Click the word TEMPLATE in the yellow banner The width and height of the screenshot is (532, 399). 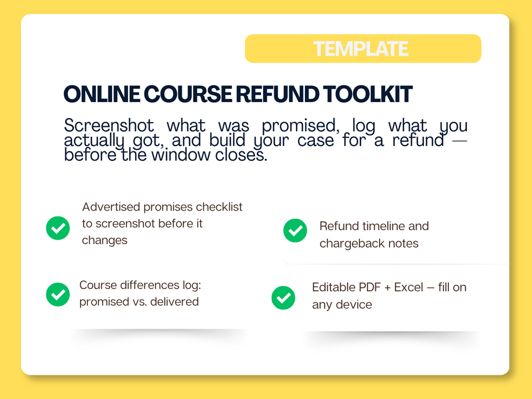[x=360, y=49]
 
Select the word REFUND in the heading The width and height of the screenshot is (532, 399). [x=277, y=94]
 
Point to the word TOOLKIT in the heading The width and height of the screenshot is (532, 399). [x=367, y=94]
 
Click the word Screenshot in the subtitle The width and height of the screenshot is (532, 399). [x=109, y=125]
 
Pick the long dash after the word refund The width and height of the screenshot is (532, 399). [x=459, y=140]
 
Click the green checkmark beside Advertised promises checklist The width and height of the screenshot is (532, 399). [x=58, y=228]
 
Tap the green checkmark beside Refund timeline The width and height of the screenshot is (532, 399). [x=295, y=230]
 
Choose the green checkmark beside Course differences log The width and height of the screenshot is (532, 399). [x=58, y=295]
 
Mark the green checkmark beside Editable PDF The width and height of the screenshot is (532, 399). [x=283, y=297]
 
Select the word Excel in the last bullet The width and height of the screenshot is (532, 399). [x=409, y=287]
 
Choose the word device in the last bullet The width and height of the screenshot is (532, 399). [x=354, y=305]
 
